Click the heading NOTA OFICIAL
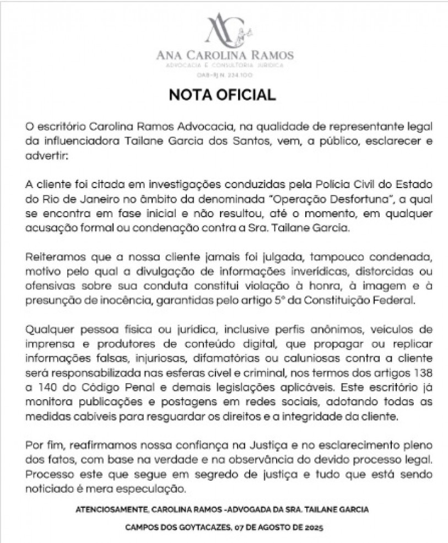(x=223, y=95)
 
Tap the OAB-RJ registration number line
(x=224, y=74)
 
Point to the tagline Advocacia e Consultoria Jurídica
(x=224, y=66)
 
